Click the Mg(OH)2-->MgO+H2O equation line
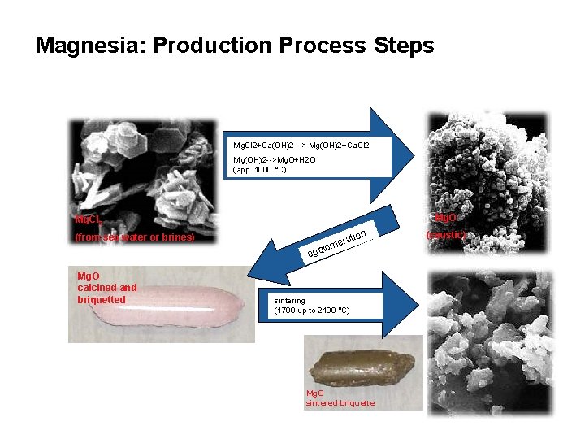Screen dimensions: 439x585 tap(275, 160)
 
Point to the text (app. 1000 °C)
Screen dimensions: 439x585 tap(260, 170)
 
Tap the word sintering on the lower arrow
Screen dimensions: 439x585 tap(291, 300)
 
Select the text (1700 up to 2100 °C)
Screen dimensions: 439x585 tap(312, 311)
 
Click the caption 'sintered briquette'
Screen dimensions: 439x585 tap(340, 403)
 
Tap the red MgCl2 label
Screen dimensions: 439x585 tap(85, 219)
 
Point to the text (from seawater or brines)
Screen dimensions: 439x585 tap(134, 237)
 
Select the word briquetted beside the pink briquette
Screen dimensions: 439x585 tap(102, 299)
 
